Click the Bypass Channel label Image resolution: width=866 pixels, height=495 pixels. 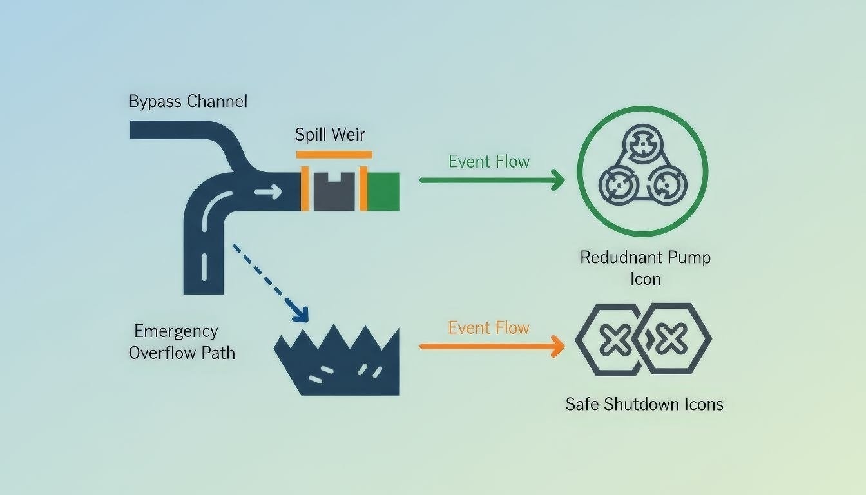coord(188,101)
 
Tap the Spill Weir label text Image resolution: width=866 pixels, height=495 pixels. coord(330,135)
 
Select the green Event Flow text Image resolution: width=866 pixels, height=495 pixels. coord(489,161)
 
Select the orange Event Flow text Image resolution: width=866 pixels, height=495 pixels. coord(489,328)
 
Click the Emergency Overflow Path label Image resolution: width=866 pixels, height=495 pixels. coord(182,342)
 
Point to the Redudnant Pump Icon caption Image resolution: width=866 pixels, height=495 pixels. coord(645,267)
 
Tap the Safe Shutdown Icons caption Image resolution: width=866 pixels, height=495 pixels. coord(644,404)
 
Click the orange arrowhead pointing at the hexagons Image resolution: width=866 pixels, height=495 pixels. coord(557,346)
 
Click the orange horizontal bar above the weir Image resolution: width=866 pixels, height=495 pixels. coord(334,154)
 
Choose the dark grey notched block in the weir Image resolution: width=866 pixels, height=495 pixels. coord(334,192)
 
